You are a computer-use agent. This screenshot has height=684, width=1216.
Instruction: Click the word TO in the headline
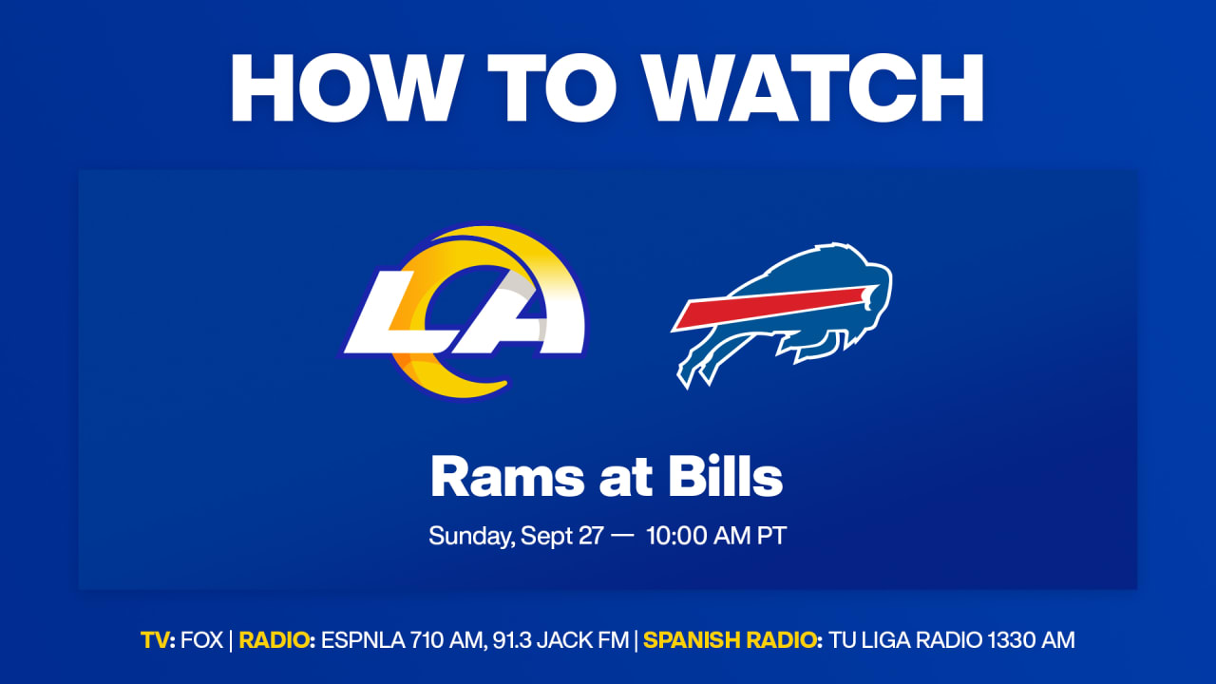tap(552, 88)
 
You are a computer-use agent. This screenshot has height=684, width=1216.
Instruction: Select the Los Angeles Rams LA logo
tap(465, 313)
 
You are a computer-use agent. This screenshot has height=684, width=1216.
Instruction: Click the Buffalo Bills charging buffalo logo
tap(782, 314)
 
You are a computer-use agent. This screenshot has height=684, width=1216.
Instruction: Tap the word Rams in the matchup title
tap(507, 477)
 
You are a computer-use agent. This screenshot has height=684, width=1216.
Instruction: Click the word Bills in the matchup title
tap(725, 476)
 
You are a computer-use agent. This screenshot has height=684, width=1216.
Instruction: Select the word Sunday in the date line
tap(470, 537)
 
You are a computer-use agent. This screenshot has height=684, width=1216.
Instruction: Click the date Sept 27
tap(561, 537)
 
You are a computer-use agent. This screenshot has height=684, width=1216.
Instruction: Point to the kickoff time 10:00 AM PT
tap(716, 536)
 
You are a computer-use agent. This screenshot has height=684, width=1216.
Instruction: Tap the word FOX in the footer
tap(201, 640)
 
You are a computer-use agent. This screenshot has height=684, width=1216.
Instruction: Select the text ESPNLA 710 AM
tap(402, 640)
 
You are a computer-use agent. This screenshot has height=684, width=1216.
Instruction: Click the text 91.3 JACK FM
tap(560, 640)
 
